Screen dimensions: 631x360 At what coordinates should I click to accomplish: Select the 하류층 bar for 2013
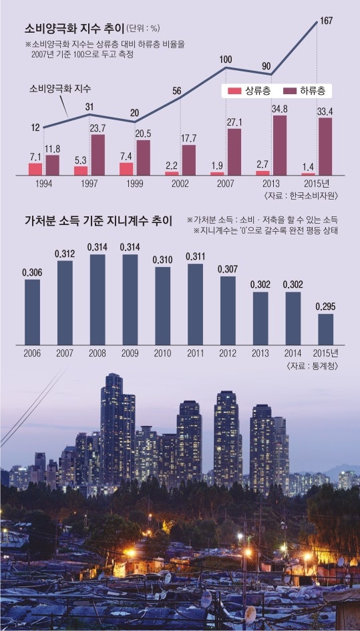point(280,145)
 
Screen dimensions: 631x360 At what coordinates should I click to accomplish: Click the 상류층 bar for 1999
point(126,168)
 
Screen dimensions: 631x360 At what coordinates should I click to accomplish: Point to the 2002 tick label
point(182,182)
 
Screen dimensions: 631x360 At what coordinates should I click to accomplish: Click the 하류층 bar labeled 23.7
point(98,154)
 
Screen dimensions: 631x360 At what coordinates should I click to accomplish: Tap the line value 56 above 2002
point(177,91)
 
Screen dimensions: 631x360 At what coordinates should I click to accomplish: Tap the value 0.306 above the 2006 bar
point(33,272)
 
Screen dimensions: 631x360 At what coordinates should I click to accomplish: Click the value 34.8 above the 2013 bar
point(280,108)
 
